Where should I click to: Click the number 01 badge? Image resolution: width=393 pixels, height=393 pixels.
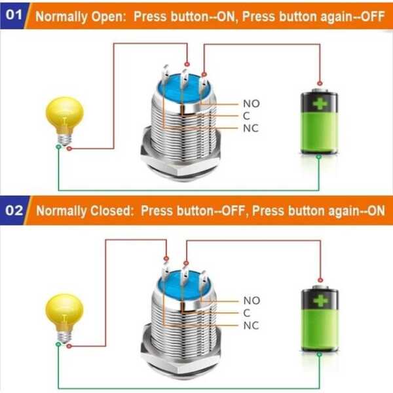point(12,15)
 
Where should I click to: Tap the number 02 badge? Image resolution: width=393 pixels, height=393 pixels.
point(12,211)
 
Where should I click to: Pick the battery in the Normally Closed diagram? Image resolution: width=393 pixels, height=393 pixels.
point(318,318)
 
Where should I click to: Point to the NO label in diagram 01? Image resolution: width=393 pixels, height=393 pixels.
point(251,103)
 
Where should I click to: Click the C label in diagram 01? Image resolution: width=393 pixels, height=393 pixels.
point(246,115)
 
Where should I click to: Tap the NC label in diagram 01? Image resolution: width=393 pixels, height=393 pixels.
point(251,128)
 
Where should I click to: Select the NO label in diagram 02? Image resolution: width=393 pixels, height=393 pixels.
point(251,300)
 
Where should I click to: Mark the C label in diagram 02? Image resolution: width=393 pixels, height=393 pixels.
point(246,312)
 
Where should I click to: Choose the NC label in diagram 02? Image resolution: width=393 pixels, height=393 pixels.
point(251,325)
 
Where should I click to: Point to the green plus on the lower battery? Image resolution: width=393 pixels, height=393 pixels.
point(319,302)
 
